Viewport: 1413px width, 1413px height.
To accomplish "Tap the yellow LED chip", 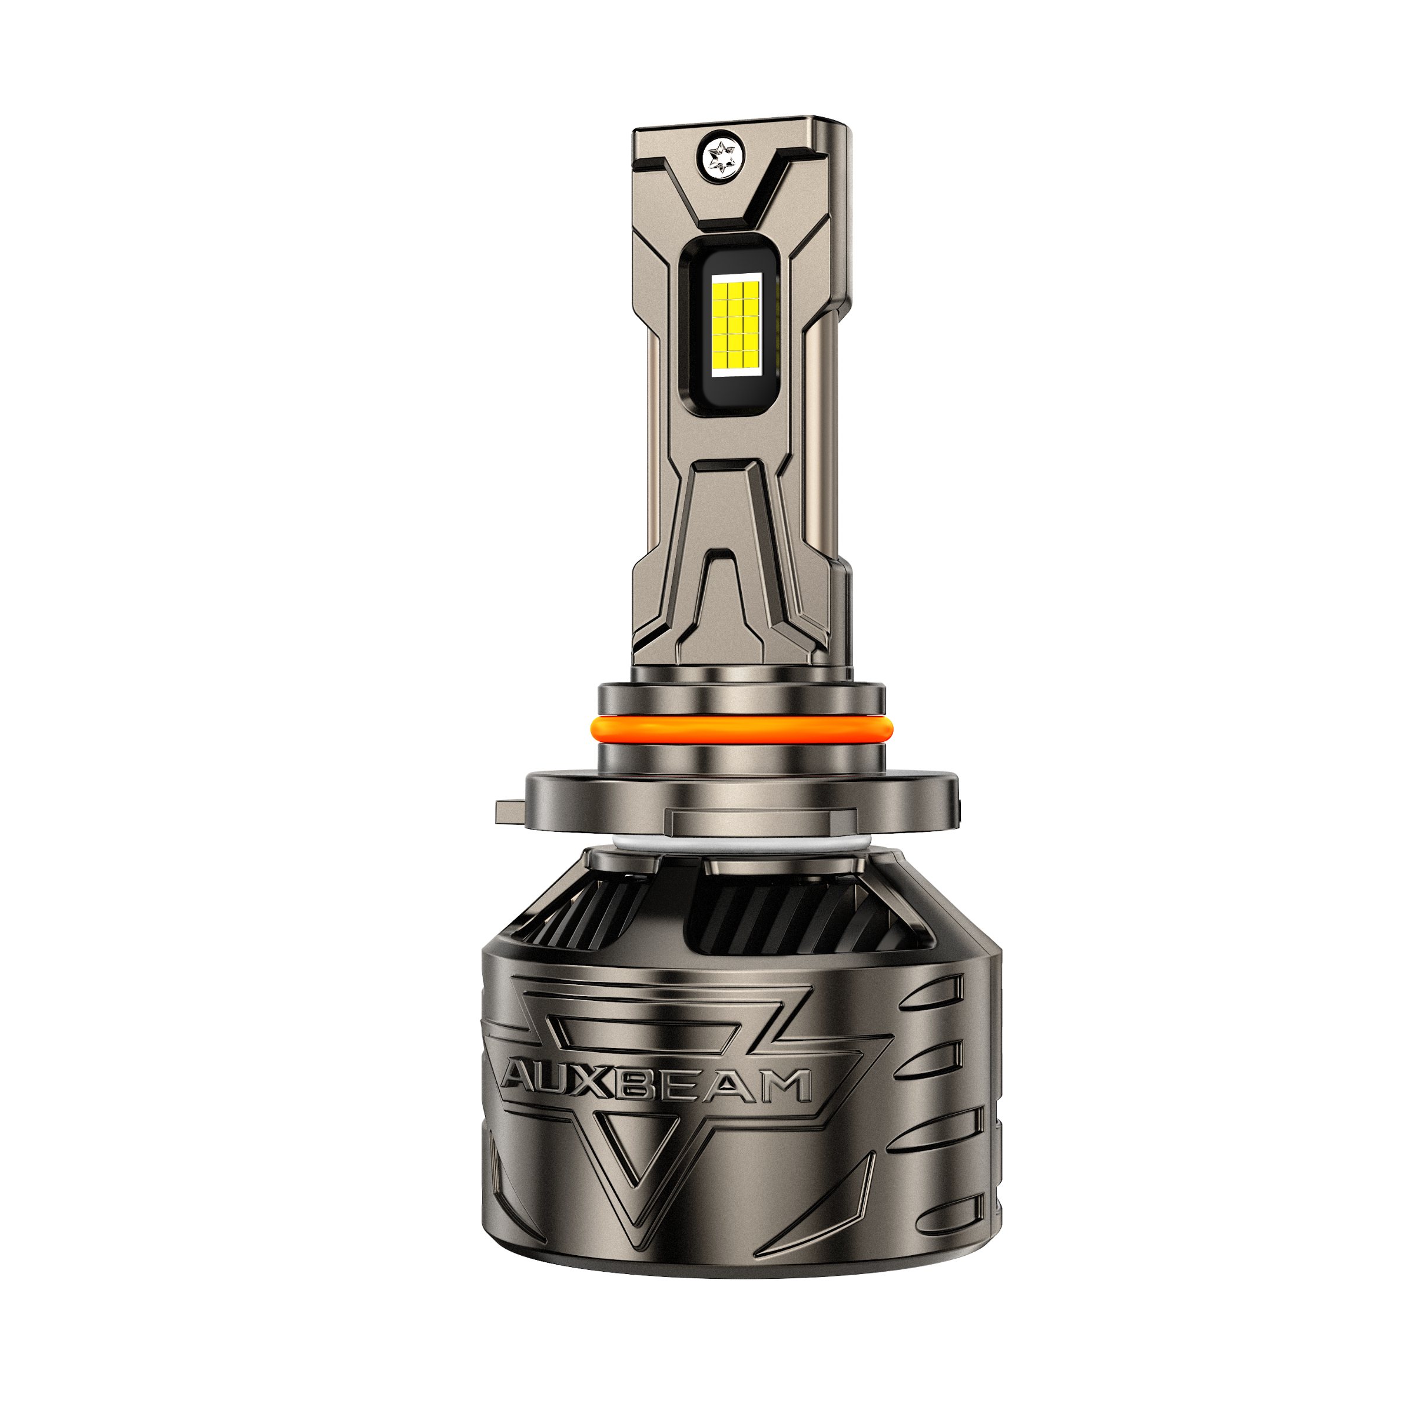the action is coord(737,323).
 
